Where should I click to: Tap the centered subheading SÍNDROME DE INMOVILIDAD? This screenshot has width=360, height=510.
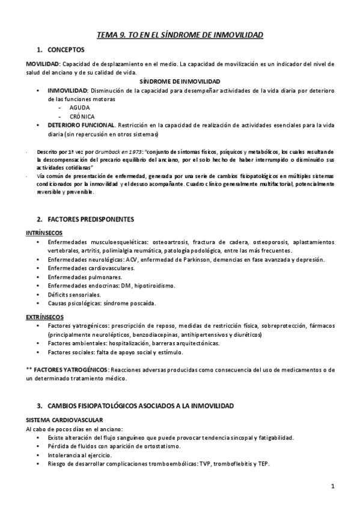click(x=180, y=81)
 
